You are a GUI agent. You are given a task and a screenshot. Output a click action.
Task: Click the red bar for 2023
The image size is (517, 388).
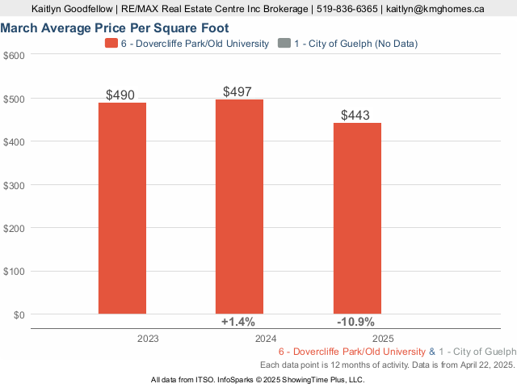tap(122, 208)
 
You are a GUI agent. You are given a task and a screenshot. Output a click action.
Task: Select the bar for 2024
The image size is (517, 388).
tap(239, 206)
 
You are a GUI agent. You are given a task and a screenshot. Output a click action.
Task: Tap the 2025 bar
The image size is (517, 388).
tap(356, 218)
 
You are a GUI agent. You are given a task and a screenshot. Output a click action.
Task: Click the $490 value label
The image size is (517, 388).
tap(120, 95)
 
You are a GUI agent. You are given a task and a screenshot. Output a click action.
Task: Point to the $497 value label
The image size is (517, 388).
tap(238, 92)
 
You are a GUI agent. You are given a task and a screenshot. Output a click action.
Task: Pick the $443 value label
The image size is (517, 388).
tap(355, 116)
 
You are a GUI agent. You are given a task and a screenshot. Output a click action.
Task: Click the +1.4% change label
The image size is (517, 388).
tap(238, 322)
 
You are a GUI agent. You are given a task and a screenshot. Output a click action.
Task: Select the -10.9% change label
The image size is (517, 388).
tap(356, 322)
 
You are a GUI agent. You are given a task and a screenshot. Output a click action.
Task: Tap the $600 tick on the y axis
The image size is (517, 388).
tap(15, 55)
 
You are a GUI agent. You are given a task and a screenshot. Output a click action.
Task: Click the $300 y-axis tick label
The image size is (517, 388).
tap(15, 184)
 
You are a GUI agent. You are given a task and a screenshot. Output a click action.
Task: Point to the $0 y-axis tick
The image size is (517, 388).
tap(18, 314)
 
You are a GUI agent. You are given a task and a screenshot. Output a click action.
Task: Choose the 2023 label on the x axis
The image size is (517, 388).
tap(148, 339)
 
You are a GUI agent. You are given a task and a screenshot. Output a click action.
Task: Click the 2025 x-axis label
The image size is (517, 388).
tap(383, 339)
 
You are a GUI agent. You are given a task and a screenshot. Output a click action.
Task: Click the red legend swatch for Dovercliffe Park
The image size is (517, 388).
tap(111, 43)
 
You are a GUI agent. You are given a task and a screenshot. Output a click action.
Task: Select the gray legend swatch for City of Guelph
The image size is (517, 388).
tap(284, 43)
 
